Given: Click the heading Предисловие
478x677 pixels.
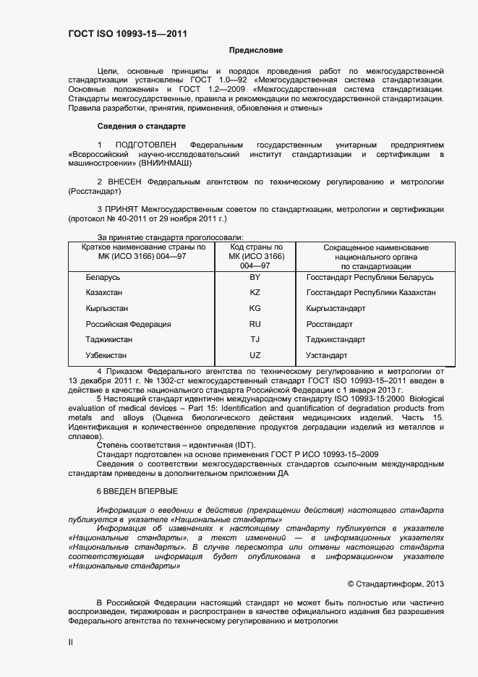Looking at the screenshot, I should [x=256, y=51].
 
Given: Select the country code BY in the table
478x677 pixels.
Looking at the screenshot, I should [x=255, y=278].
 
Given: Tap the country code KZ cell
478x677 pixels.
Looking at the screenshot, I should [x=255, y=293].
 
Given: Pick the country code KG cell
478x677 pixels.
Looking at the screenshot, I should [x=255, y=308].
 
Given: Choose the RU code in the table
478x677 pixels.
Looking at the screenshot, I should [x=255, y=324].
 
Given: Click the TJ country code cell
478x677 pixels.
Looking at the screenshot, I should [x=255, y=339].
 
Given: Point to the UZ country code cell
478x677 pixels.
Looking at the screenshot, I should [x=255, y=355].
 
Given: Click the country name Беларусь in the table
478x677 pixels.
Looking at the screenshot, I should [x=103, y=278].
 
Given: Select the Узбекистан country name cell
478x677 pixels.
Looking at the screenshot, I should [x=106, y=355].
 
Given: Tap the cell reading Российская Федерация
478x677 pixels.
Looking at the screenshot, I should [x=128, y=324].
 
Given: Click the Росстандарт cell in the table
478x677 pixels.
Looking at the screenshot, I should [x=330, y=324].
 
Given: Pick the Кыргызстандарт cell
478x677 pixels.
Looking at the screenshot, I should [x=336, y=308].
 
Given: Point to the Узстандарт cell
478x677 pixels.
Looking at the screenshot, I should [x=327, y=355].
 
